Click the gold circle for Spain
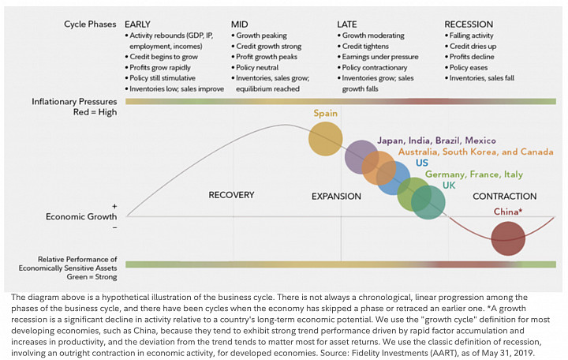[325, 139]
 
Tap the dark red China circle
[508, 238]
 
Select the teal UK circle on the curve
[428, 202]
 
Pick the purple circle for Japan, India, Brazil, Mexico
[361, 157]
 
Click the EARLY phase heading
[137, 24]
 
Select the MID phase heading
[240, 24]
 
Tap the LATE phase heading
[346, 24]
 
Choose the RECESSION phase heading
[469, 24]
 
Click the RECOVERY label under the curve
[231, 195]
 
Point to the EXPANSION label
[336, 197]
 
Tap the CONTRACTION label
[504, 197]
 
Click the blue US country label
[421, 163]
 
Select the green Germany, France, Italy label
[474, 174]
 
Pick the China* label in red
[508, 212]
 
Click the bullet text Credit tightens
[365, 46]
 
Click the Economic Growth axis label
[81, 217]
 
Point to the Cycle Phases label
[90, 24]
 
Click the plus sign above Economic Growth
[114, 206]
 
